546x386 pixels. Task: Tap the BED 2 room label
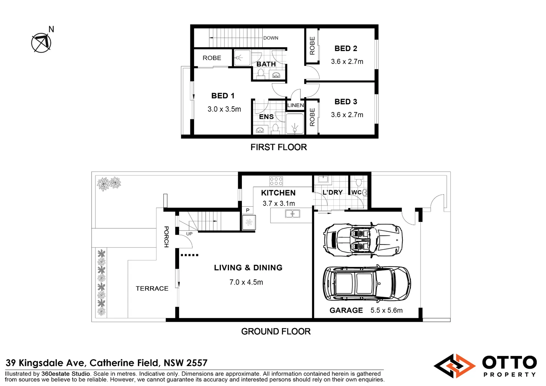click(x=346, y=49)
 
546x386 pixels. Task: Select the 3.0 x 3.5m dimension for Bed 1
click(x=224, y=109)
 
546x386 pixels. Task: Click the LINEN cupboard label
click(x=296, y=105)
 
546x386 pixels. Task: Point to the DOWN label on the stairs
click(x=270, y=38)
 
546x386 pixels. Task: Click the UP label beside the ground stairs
click(x=189, y=234)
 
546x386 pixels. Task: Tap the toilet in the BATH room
click(x=261, y=73)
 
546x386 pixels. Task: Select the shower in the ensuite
click(x=295, y=124)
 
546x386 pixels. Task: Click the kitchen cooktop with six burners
click(x=276, y=181)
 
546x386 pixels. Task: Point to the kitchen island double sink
click(x=293, y=214)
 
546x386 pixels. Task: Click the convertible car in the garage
click(x=363, y=240)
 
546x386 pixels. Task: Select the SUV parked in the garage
click(x=367, y=283)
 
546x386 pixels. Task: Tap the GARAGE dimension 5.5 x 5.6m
click(x=386, y=310)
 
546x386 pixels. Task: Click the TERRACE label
click(x=152, y=288)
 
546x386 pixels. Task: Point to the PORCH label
click(x=166, y=237)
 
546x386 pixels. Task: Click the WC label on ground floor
click(x=356, y=192)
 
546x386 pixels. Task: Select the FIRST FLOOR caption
click(x=278, y=147)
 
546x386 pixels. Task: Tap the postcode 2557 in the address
click(x=196, y=363)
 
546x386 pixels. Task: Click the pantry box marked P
click(x=247, y=211)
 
